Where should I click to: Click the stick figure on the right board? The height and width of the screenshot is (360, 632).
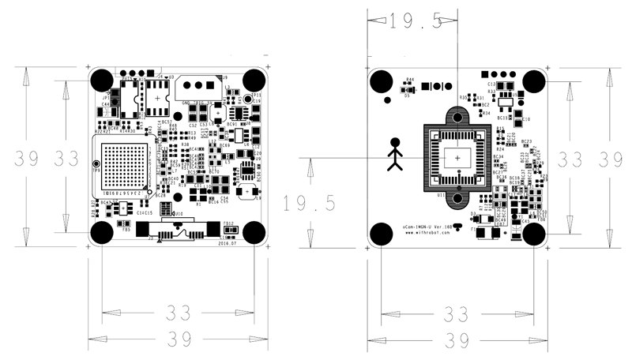click(x=396, y=155)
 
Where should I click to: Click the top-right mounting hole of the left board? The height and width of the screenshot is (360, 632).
click(x=254, y=80)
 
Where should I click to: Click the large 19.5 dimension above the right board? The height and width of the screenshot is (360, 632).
click(x=416, y=21)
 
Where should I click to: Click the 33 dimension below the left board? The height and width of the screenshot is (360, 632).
click(x=179, y=313)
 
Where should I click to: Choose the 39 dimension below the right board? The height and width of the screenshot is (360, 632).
click(x=459, y=341)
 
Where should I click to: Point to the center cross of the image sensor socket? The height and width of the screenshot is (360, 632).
click(x=457, y=158)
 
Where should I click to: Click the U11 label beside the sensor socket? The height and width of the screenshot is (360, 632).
click(x=440, y=193)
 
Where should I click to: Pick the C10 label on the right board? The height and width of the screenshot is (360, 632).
click(x=526, y=119)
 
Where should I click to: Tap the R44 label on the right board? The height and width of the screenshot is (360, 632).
click(x=409, y=80)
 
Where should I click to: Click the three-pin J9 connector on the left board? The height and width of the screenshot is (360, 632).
click(x=197, y=84)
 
